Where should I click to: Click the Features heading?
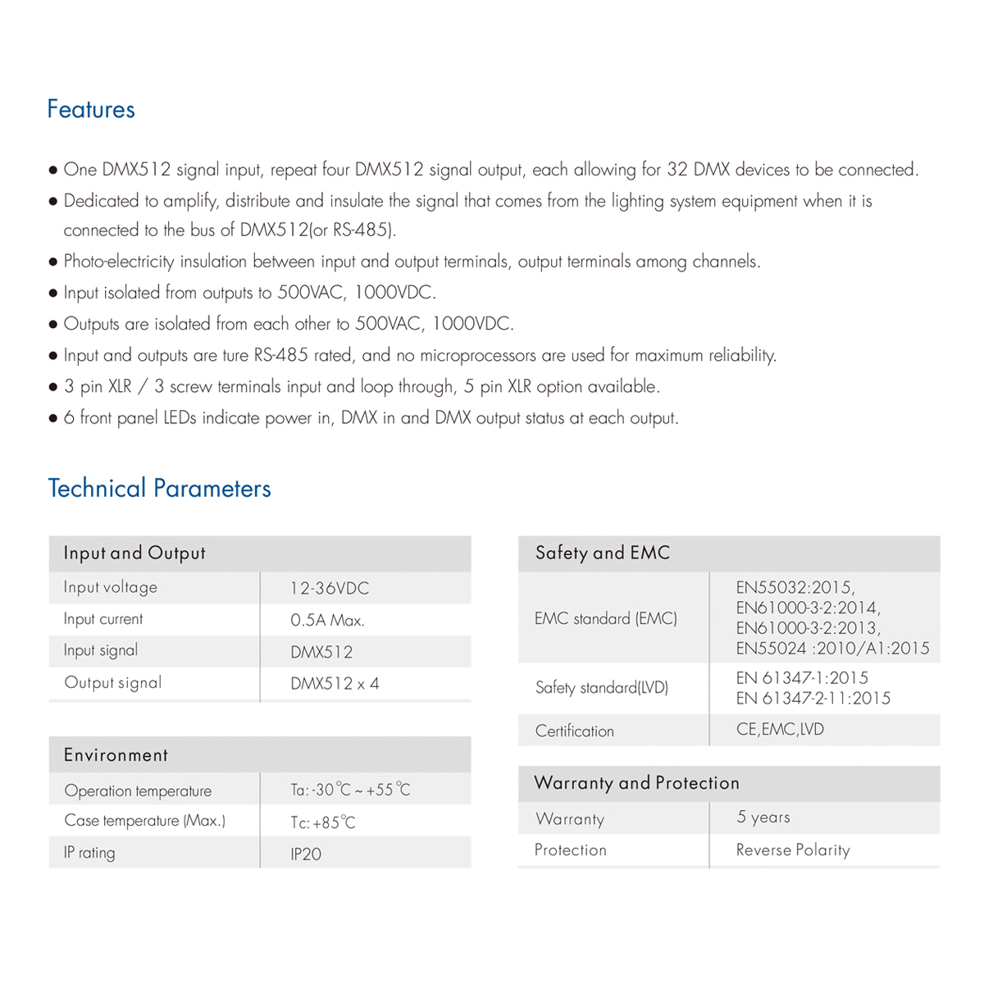point(91,109)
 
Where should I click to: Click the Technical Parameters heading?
point(159,489)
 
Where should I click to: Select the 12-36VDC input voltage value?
point(330,588)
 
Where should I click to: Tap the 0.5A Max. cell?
point(327,620)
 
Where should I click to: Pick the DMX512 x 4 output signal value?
point(335,684)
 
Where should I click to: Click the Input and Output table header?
point(134,553)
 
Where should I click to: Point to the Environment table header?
point(116,755)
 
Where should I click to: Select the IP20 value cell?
point(306,854)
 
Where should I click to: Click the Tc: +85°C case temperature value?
point(323,822)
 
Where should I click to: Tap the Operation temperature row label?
point(138,791)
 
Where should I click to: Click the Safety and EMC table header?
point(603,553)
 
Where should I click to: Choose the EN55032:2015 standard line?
point(795,587)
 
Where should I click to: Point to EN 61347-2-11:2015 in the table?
point(813,699)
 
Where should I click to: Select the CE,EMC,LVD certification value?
point(780,729)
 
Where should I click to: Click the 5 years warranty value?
point(763,817)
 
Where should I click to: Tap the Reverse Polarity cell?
point(793,850)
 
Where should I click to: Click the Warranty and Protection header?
point(637,783)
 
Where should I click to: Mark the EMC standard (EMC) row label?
point(606,618)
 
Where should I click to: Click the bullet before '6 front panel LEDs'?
point(53,419)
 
